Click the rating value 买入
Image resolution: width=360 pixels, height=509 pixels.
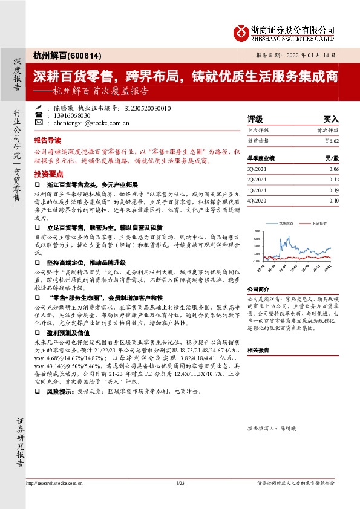331,119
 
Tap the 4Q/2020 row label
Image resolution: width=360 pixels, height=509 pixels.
254,199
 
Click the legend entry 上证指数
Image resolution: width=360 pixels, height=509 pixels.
321,223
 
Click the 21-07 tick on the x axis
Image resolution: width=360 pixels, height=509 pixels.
295,266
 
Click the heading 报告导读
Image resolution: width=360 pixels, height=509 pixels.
48,138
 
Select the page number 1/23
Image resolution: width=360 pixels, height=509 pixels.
180,500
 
